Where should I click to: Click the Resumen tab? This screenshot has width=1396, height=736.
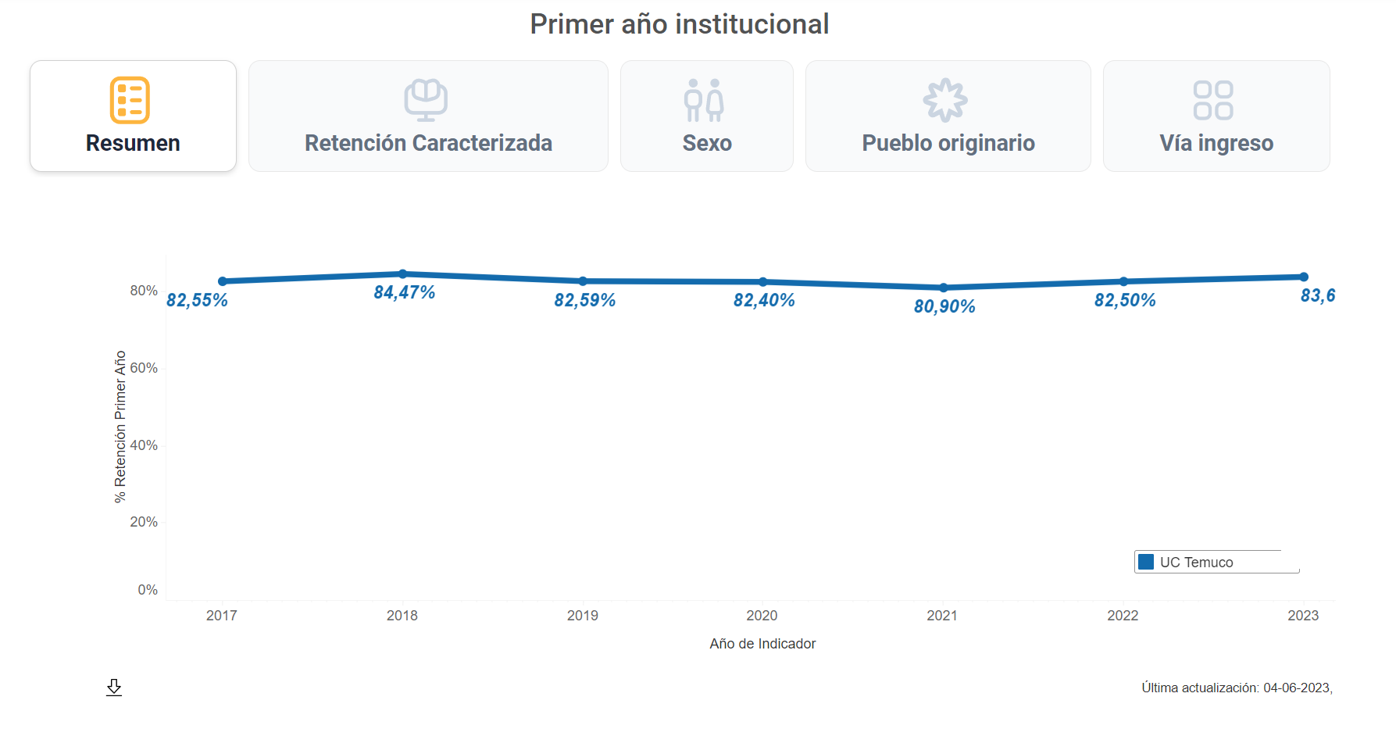(133, 116)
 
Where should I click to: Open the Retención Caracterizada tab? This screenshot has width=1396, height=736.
(428, 116)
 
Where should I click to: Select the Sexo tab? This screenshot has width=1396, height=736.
(706, 116)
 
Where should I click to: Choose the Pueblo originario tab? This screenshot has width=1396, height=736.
(948, 116)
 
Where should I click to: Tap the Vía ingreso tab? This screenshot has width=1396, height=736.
(1216, 116)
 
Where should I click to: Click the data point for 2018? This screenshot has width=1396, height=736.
(403, 274)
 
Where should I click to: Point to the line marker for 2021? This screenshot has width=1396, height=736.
(944, 288)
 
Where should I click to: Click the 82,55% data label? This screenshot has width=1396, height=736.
(197, 300)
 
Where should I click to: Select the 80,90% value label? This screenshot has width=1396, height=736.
(944, 306)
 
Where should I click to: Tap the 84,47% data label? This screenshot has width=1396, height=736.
(404, 292)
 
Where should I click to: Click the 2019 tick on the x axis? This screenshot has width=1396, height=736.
(583, 616)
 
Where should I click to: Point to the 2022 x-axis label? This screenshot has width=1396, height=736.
(1123, 616)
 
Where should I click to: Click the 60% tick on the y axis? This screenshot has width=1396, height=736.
(144, 368)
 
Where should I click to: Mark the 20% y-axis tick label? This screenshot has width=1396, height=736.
(144, 522)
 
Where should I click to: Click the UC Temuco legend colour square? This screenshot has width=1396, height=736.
(1146, 562)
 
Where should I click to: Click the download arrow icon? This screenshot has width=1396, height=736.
(114, 688)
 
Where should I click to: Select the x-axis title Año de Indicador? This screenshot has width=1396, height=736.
(762, 644)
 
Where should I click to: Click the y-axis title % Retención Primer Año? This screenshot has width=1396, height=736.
(120, 427)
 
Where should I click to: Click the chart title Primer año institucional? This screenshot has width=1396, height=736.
(679, 24)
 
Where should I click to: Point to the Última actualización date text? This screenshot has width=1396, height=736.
(1237, 688)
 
